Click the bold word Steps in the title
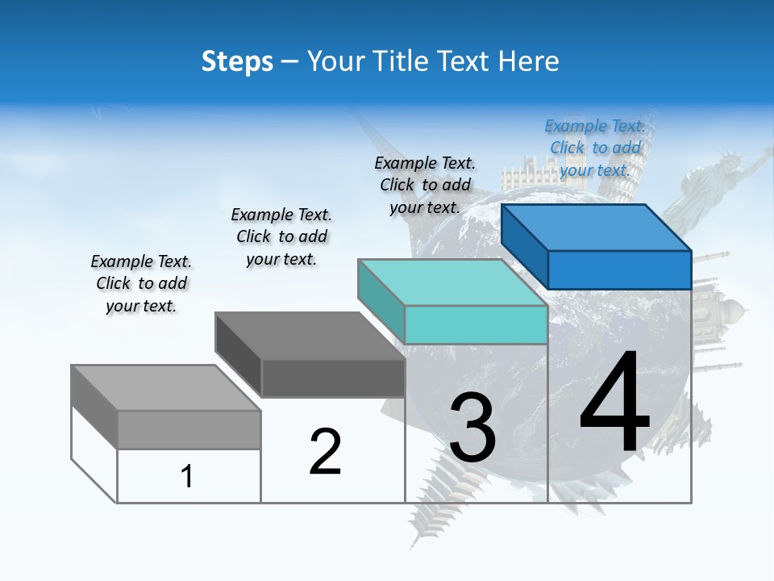(237, 61)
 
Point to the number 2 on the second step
(326, 452)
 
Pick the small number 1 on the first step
(187, 476)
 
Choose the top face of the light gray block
(166, 388)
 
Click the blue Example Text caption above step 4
(595, 148)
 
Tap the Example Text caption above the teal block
(425, 185)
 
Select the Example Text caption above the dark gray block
(281, 236)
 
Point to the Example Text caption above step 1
(141, 283)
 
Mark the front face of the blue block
(619, 270)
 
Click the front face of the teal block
(476, 324)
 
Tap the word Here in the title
(529, 61)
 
